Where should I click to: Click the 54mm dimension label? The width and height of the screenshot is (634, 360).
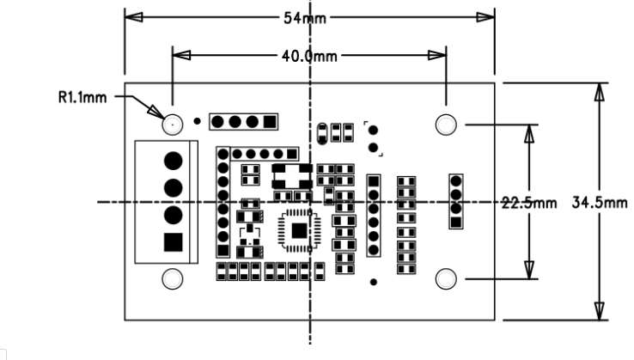click(x=304, y=18)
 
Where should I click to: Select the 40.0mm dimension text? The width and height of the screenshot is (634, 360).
click(x=309, y=56)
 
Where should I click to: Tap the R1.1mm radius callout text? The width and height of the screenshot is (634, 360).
click(x=82, y=97)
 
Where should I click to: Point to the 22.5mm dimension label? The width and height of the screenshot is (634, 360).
click(x=529, y=203)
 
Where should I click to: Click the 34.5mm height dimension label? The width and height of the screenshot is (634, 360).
click(x=600, y=202)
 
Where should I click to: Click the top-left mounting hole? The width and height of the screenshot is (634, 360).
click(x=173, y=125)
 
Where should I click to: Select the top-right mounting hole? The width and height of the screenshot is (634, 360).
click(x=446, y=125)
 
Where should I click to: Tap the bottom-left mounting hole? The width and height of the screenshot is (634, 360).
click(x=173, y=278)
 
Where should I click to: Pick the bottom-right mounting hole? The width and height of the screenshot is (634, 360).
click(x=446, y=278)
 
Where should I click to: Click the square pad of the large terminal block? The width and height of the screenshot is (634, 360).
click(x=173, y=242)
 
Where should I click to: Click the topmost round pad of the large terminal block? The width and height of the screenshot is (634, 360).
click(x=173, y=161)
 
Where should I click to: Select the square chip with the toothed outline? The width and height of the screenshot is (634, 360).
click(x=299, y=230)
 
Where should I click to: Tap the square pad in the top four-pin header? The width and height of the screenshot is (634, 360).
click(x=270, y=122)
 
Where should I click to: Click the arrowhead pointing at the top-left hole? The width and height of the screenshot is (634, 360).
click(x=156, y=111)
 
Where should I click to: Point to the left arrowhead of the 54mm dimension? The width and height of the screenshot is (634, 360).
click(x=133, y=17)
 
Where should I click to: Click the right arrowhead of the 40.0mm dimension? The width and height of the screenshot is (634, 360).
click(x=437, y=55)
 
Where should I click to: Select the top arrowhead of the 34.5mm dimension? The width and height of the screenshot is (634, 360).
click(x=600, y=92)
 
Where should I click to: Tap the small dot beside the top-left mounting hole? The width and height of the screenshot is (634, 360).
click(x=197, y=121)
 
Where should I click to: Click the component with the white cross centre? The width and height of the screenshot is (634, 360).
click(x=292, y=176)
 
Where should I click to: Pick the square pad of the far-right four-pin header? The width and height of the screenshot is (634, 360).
click(x=456, y=222)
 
